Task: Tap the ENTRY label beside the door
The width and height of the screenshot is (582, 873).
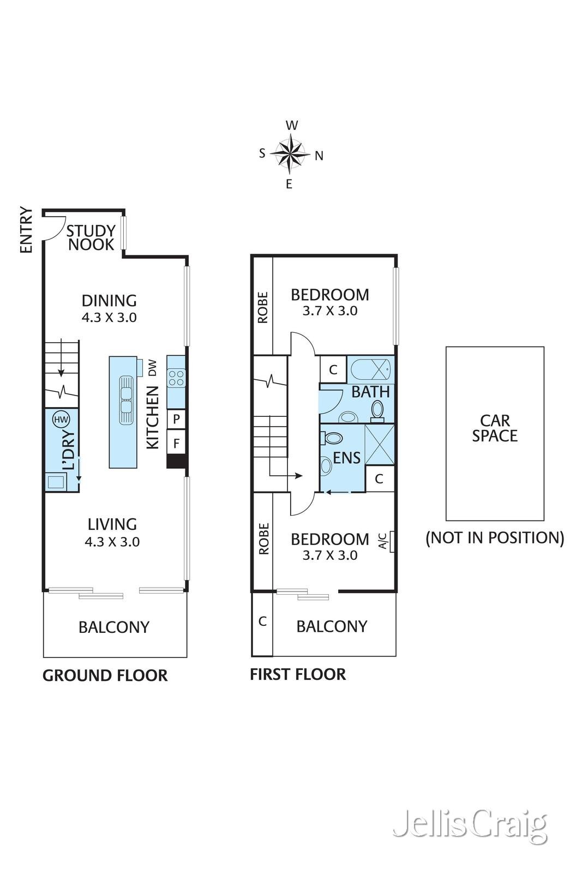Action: coord(26,230)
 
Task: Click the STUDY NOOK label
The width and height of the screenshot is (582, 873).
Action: coord(91,238)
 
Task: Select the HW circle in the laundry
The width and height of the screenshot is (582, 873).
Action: coord(61,420)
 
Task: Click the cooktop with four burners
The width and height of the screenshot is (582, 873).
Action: coord(176,378)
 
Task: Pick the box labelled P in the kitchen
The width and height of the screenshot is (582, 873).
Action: coord(176,420)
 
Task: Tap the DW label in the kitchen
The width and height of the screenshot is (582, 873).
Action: coord(153,367)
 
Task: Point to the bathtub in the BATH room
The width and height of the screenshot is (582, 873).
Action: coord(370,370)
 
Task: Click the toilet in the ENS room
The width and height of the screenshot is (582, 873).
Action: coord(331,437)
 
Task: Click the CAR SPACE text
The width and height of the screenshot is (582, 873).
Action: coord(495,428)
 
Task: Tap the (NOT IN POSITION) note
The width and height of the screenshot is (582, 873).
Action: coord(495,538)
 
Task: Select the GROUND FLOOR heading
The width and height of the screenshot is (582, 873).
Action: coord(105,675)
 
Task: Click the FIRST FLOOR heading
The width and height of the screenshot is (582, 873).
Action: coord(298,674)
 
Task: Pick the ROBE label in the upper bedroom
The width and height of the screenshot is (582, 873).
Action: coord(263,308)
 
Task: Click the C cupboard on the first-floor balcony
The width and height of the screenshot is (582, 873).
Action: coord(262,621)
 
